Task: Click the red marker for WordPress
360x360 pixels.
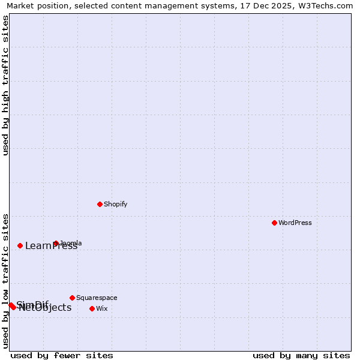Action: point(274,223)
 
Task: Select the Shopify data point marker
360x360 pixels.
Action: point(100,204)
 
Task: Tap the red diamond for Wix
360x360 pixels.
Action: point(92,308)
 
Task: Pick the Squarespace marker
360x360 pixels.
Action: point(72,298)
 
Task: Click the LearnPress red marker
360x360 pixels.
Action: point(20,245)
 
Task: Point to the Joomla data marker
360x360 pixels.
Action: point(56,243)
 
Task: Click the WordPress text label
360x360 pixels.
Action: point(295,223)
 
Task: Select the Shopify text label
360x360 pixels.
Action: point(116,204)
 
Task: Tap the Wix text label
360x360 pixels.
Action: point(102,308)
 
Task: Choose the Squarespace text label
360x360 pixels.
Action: point(97,298)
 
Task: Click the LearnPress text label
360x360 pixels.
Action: point(52,245)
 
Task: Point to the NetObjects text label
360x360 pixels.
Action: point(46,308)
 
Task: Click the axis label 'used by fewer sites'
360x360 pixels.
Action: point(62,355)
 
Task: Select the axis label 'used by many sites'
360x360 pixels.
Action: point(301,355)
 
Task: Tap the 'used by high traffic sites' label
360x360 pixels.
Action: point(5,85)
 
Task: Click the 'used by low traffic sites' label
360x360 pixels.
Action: point(5,281)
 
